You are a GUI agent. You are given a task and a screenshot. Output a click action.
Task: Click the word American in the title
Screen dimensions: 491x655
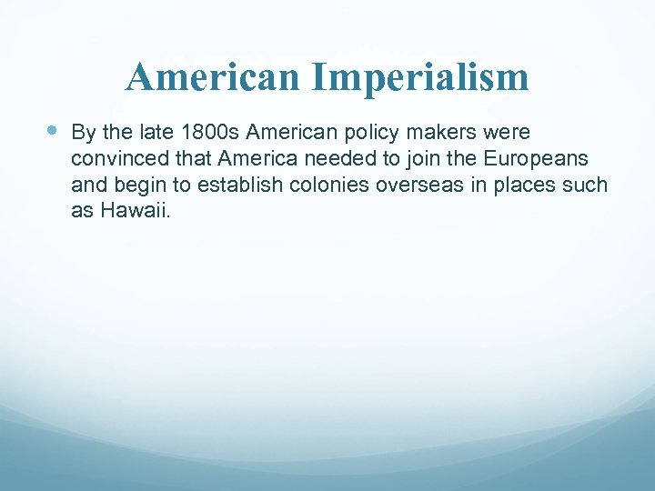214,77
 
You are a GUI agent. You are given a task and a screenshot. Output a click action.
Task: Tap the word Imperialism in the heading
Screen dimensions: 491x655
419,77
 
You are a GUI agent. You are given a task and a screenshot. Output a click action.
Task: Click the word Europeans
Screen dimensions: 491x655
536,160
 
